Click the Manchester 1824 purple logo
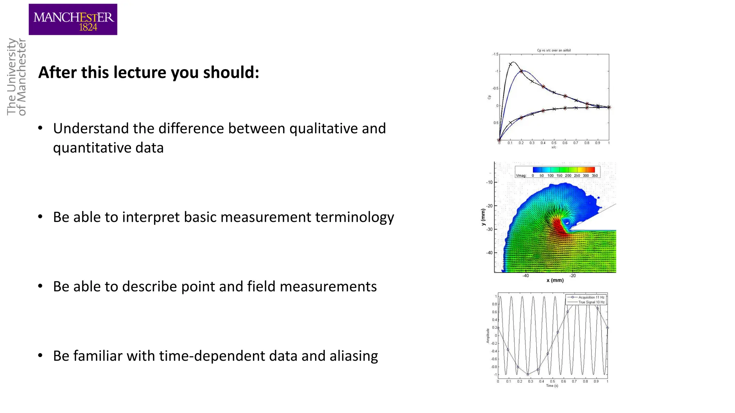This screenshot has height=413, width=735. point(73,19)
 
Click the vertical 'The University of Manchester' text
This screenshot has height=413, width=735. point(17,77)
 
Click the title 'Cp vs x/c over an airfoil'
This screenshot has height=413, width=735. point(553,51)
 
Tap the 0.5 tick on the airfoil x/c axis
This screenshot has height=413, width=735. point(554,143)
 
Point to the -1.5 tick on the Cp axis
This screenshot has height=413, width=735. point(495,54)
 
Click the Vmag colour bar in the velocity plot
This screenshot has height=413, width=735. point(563,170)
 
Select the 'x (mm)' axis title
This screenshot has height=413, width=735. point(555,280)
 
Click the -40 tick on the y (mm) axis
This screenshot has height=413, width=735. point(489,253)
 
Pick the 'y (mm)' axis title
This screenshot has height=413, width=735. point(483,217)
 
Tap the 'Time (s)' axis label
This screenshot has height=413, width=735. point(552,386)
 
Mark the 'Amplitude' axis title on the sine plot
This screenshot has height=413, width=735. point(488,336)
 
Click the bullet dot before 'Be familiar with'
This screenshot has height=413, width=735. point(41,356)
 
